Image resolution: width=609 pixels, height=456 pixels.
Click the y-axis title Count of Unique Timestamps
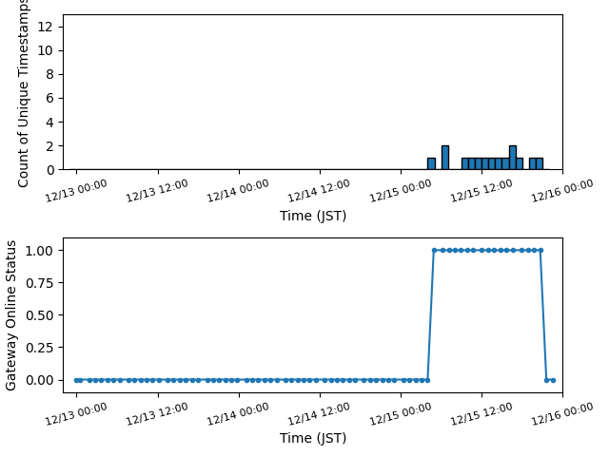[24, 92]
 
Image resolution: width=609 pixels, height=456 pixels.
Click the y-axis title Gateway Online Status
[11, 315]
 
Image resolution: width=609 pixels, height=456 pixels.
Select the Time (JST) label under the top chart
[313, 216]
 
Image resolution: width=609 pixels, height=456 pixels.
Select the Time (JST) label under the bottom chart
[313, 438]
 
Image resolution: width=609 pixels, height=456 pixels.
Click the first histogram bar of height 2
[445, 157]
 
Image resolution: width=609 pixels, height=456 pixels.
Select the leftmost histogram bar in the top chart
[431, 163]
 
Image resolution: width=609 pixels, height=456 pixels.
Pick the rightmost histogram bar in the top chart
[540, 163]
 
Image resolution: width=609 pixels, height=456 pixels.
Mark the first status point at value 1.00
[434, 250]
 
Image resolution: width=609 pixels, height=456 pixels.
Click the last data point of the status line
[553, 380]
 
